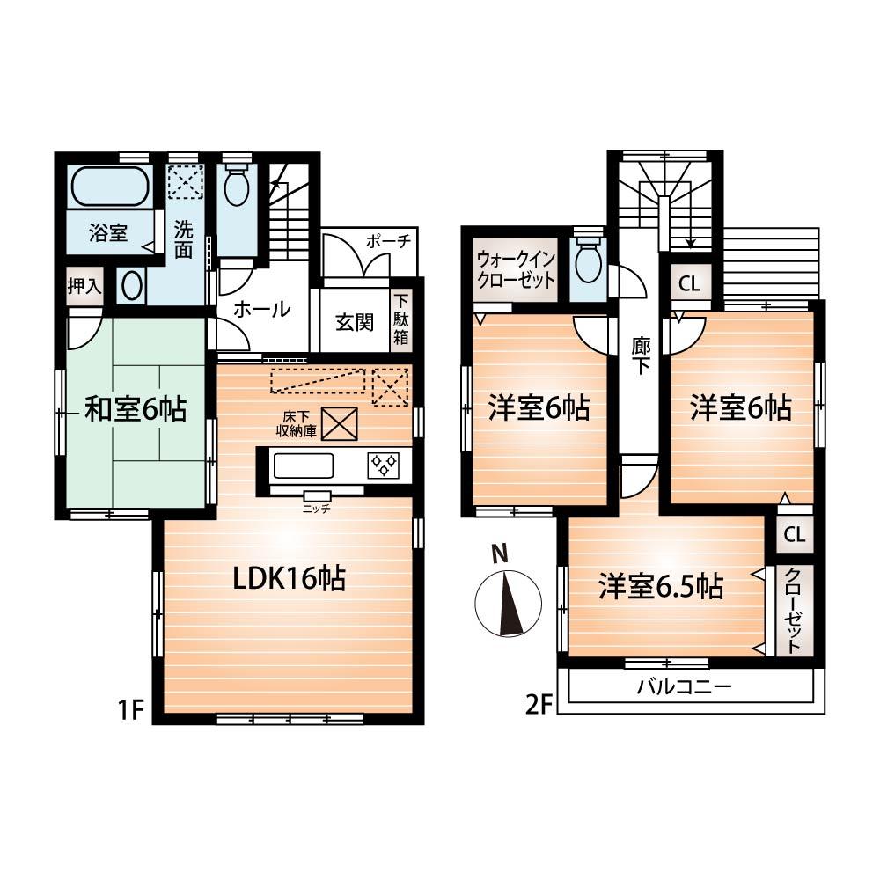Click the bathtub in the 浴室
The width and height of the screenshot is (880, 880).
click(111, 187)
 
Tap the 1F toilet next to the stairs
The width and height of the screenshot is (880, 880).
click(236, 188)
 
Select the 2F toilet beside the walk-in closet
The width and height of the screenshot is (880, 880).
click(587, 260)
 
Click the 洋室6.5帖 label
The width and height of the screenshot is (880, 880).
click(661, 586)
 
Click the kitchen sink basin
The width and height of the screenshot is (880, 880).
click(301, 464)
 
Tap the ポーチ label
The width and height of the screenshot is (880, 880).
click(385, 242)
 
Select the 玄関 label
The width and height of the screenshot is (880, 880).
click(354, 321)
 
